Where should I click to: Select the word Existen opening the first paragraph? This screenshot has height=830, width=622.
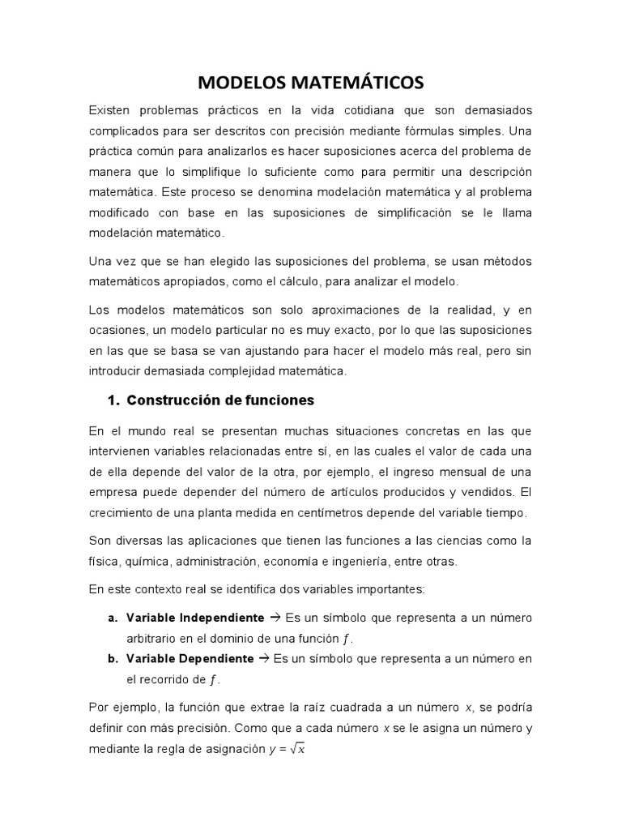(x=113, y=109)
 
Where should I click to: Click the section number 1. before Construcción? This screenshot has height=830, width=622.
(x=113, y=400)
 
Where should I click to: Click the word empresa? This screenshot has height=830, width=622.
(x=113, y=492)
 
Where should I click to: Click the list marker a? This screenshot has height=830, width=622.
(x=113, y=618)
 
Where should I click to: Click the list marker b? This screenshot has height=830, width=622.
(x=113, y=658)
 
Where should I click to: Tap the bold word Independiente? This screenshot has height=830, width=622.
(x=219, y=618)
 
